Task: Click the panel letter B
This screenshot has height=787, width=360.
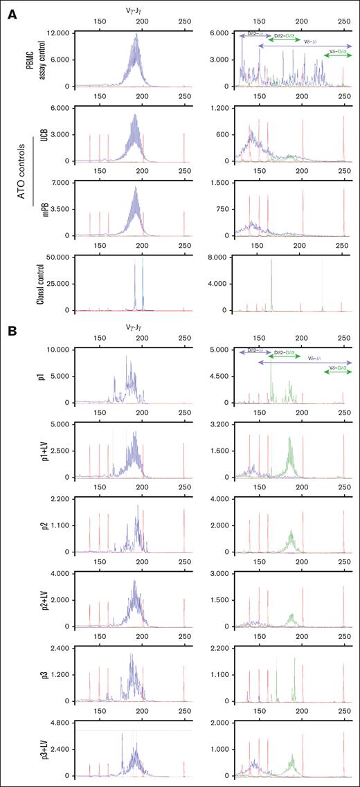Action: (x=12, y=331)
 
